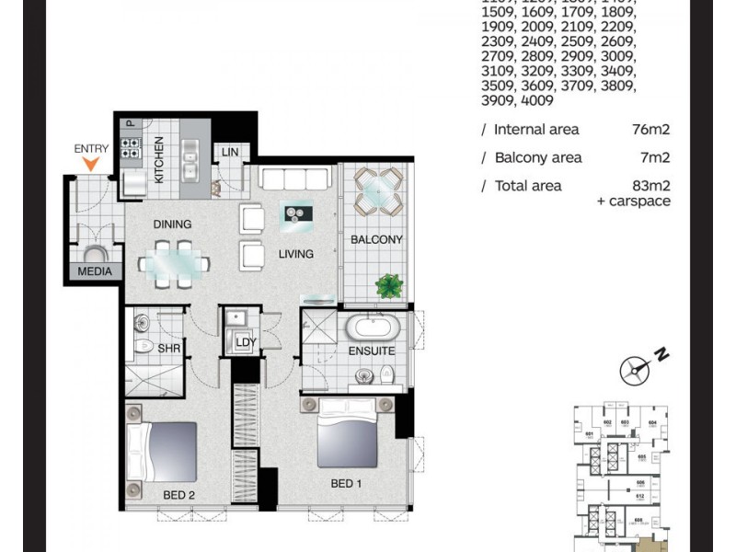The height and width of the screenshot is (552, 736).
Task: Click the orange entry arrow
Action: coord(89,164)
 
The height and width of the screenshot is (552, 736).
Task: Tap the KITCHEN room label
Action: coord(158,159)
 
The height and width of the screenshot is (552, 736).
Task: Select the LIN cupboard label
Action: coord(229,151)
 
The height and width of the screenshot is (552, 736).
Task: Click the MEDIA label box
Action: coord(95,271)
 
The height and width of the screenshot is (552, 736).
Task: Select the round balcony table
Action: coord(377,190)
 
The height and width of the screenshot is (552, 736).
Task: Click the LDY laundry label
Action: coord(246,342)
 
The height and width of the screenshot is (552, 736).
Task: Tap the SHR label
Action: coord(168,348)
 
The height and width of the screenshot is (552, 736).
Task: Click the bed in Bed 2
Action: coord(164,451)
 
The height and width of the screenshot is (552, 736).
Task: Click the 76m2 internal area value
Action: coord(653,130)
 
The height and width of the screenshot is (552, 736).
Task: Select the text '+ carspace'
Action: coord(634,201)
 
